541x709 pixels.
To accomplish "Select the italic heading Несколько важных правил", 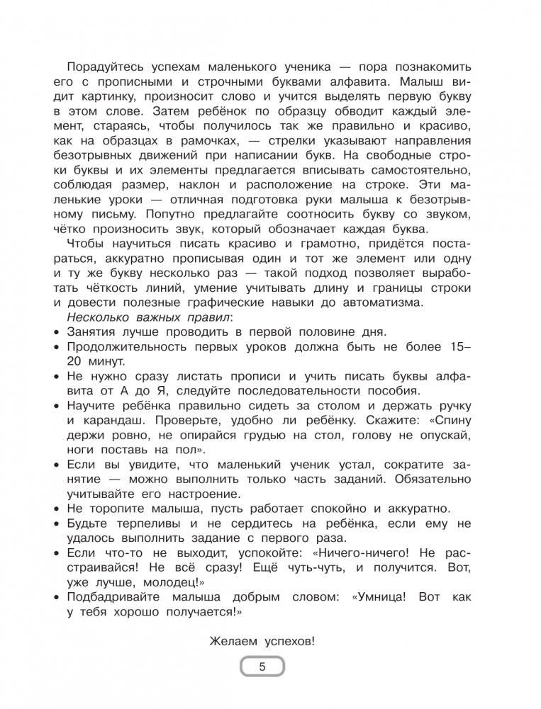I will tap(128, 317).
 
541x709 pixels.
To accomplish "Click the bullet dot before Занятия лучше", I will tap(56, 331).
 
